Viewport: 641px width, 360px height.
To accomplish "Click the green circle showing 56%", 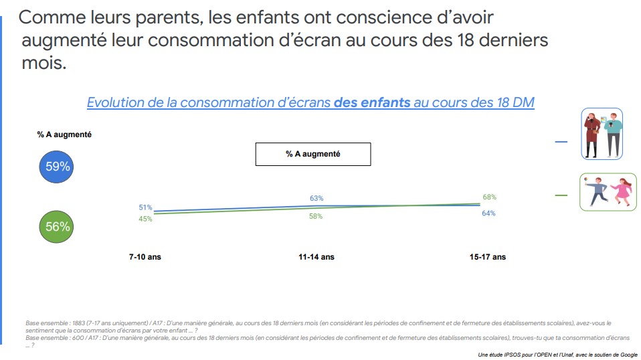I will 58,227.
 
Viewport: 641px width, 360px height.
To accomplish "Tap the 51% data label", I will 145,207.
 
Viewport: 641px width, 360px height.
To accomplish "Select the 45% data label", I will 145,219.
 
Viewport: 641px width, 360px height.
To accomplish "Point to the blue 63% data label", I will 316,198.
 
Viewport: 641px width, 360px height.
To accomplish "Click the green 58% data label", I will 316,216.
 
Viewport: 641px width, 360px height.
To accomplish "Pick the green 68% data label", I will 489,197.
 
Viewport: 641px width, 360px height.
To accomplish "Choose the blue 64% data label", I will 488,213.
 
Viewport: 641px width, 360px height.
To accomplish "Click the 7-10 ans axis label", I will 145,257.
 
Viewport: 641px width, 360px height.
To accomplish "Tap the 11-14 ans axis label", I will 316,257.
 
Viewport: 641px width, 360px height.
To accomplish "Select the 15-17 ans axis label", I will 488,257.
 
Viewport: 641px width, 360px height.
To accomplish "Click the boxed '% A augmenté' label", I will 312,154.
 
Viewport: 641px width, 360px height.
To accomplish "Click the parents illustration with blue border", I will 601,134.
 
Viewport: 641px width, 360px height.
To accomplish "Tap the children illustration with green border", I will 608,192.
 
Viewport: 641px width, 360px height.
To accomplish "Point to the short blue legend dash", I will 561,142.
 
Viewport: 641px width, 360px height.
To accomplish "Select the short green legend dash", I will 561,195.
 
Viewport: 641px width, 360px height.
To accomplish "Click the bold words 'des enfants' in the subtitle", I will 371,102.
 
